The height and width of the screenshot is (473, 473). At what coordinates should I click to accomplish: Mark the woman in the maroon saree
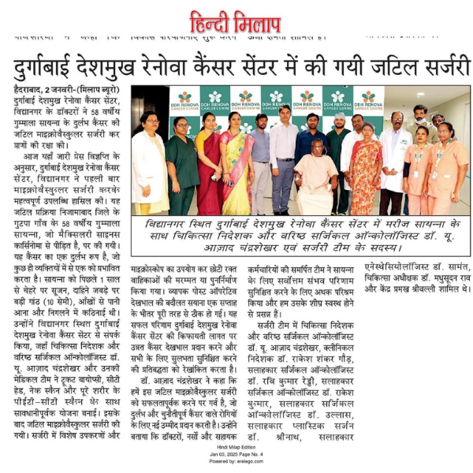click(210, 166)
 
